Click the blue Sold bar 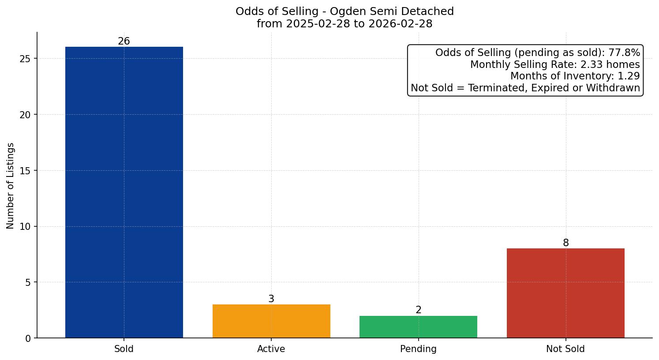point(124,192)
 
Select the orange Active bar point(271,321)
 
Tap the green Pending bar point(418,327)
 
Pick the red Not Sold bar point(565,293)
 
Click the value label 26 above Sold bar point(124,41)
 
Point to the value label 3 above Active point(271,299)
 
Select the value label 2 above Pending point(418,310)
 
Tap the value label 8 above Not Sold point(565,243)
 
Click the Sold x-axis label point(124,349)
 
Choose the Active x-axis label point(271,349)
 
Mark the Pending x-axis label point(418,349)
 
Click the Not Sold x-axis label point(565,349)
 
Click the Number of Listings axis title point(11,185)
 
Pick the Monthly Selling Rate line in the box point(555,64)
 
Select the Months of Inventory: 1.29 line point(575,76)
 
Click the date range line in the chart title point(344,24)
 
